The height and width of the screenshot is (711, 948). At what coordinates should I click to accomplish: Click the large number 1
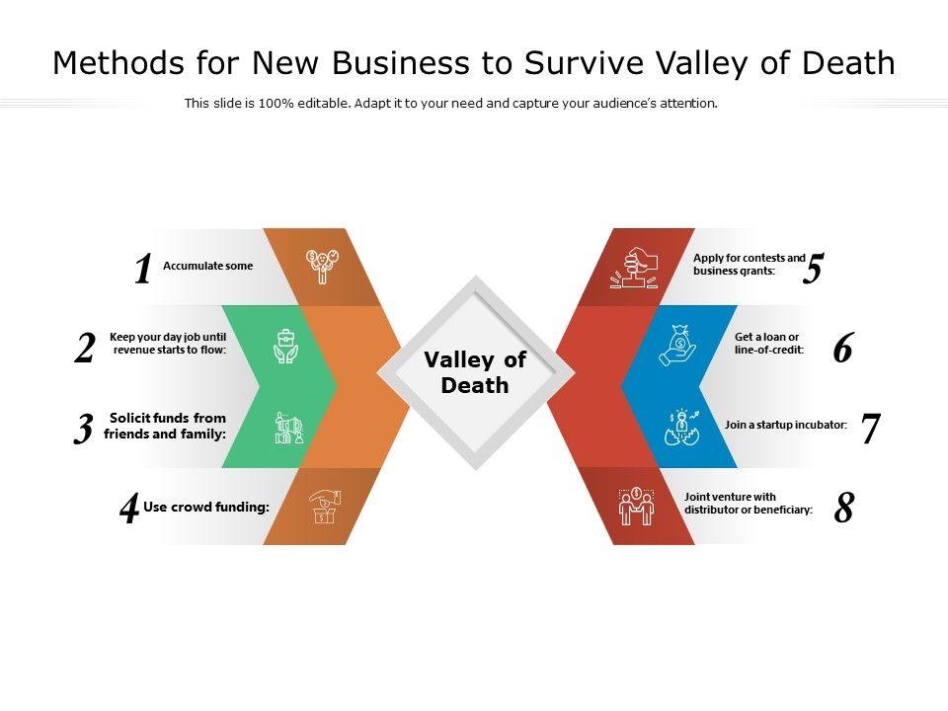click(143, 270)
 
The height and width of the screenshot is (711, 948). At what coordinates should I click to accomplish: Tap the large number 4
click(129, 510)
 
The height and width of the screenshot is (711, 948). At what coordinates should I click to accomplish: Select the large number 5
click(813, 270)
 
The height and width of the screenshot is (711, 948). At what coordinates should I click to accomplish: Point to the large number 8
click(843, 509)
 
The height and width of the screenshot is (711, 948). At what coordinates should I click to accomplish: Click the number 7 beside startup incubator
click(870, 429)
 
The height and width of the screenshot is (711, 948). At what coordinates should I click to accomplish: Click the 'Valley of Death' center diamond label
click(475, 372)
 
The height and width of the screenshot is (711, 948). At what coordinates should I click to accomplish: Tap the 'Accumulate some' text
click(207, 266)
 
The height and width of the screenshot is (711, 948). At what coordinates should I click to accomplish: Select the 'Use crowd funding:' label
click(206, 508)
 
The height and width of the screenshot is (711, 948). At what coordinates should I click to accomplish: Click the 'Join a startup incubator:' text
click(786, 425)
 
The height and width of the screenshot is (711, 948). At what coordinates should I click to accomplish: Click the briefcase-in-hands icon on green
click(285, 347)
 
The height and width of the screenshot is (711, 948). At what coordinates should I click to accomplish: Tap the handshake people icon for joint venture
click(636, 508)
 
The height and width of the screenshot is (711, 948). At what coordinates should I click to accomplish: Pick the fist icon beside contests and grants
click(636, 267)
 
